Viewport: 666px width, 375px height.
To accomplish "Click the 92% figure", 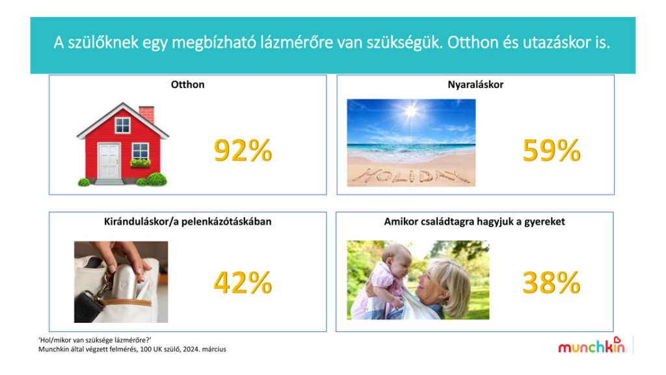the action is click(243, 150).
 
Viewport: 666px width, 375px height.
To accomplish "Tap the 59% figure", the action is click(552, 150).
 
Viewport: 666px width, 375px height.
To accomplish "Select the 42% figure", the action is click(243, 283).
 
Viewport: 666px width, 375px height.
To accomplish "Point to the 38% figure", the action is click(552, 283).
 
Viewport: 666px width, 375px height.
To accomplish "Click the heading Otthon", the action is click(188, 85).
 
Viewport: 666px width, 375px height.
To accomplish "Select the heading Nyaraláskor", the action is click(475, 85).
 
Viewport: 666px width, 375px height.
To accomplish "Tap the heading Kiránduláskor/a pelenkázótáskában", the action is click(188, 221).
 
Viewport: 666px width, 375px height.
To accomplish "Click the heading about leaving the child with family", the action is click(474, 221).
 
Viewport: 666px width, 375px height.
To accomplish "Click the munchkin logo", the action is click(592, 345).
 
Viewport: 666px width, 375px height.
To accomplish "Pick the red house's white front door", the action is click(109, 161).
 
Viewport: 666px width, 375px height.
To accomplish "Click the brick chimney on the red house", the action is click(146, 113).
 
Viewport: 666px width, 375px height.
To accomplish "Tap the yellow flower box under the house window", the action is click(140, 163).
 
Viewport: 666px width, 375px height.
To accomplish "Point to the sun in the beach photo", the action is click(411, 111).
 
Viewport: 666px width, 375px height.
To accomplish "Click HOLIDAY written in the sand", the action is click(411, 176).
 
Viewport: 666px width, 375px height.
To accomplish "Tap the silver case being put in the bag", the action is click(126, 281).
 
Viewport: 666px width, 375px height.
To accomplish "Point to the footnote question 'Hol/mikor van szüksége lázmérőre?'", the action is click(95, 340).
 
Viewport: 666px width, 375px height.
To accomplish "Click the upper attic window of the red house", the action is click(123, 126).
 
